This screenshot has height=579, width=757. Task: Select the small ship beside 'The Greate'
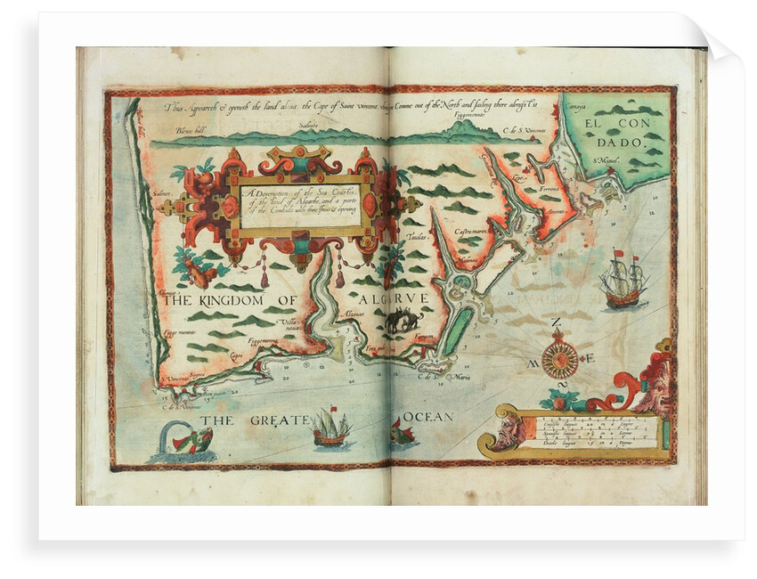330,428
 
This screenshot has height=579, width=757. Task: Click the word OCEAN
428,416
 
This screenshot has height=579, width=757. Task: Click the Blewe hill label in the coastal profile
191,131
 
